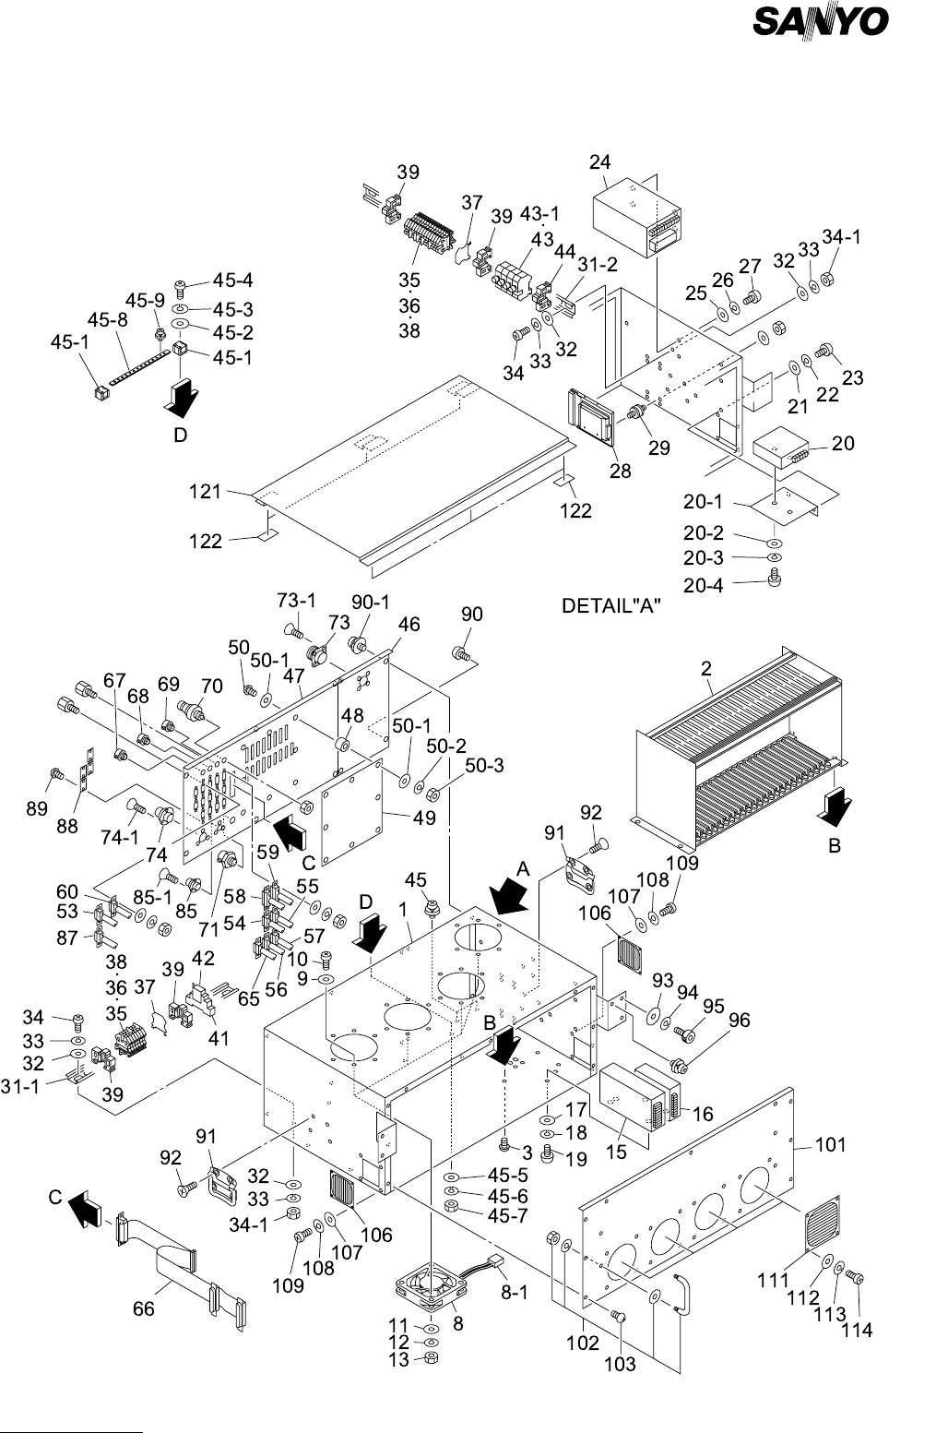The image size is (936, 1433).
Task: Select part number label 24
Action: coord(600,162)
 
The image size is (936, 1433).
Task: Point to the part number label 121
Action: coord(206,492)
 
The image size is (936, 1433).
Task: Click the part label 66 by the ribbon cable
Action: coord(144,1309)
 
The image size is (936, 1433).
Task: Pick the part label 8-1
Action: coord(514,1293)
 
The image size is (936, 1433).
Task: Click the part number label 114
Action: coord(859,1331)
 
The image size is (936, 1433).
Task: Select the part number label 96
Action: coord(740,1021)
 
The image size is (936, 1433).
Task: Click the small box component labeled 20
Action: coord(780,453)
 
